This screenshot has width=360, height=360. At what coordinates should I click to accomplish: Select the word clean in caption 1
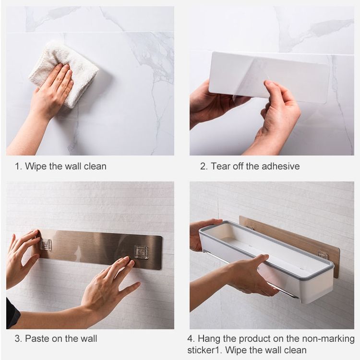[x=95, y=166]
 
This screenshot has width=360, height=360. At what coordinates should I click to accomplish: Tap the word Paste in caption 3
[x=37, y=338]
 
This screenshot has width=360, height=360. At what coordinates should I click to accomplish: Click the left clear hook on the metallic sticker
[x=46, y=244]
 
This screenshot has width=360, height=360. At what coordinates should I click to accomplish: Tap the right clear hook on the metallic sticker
[x=141, y=252]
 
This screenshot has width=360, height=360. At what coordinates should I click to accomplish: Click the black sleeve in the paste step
[x=12, y=312]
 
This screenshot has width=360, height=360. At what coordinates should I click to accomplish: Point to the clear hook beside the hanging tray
[x=323, y=254]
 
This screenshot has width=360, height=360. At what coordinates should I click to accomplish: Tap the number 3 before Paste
[x=18, y=339]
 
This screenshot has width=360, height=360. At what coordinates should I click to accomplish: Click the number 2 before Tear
[x=203, y=167]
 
